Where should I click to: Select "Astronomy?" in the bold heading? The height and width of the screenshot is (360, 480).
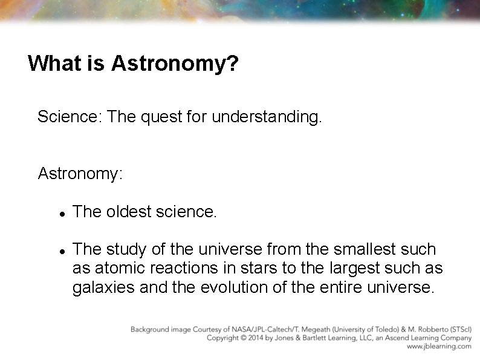175,64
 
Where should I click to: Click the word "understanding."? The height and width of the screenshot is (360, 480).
267,116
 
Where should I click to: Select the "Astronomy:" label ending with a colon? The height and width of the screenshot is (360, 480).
80,174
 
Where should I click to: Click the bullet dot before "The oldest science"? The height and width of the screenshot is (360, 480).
62,213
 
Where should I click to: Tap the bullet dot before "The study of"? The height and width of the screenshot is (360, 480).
62,250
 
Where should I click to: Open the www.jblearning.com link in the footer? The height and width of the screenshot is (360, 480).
439,347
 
